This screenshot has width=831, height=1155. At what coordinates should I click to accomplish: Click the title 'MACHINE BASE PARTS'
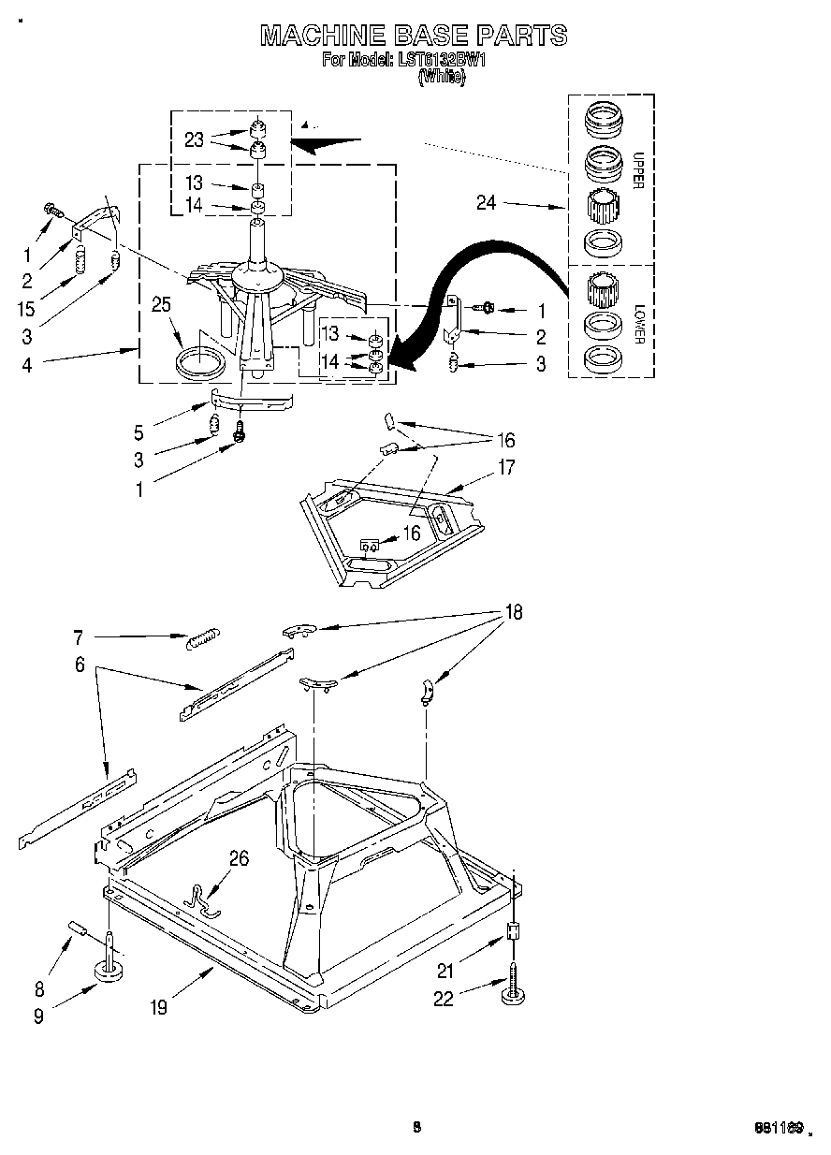(x=414, y=36)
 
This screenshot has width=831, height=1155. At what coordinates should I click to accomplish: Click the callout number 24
(x=487, y=202)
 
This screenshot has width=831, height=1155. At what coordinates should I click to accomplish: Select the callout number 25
(x=162, y=304)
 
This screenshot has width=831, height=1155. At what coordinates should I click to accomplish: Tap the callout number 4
(x=27, y=364)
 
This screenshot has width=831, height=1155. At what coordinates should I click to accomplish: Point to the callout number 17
(x=506, y=467)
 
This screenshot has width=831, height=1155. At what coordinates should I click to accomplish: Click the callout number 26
(x=240, y=857)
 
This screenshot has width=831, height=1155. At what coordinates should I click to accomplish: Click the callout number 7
(x=79, y=638)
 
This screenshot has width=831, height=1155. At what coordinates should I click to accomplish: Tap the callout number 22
(x=443, y=999)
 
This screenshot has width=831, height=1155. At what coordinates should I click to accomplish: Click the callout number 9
(x=38, y=1016)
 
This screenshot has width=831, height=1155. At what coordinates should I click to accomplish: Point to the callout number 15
(x=27, y=308)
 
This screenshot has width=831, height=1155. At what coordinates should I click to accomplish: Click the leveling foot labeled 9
(x=110, y=969)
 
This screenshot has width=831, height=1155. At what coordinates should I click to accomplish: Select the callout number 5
(x=139, y=432)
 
